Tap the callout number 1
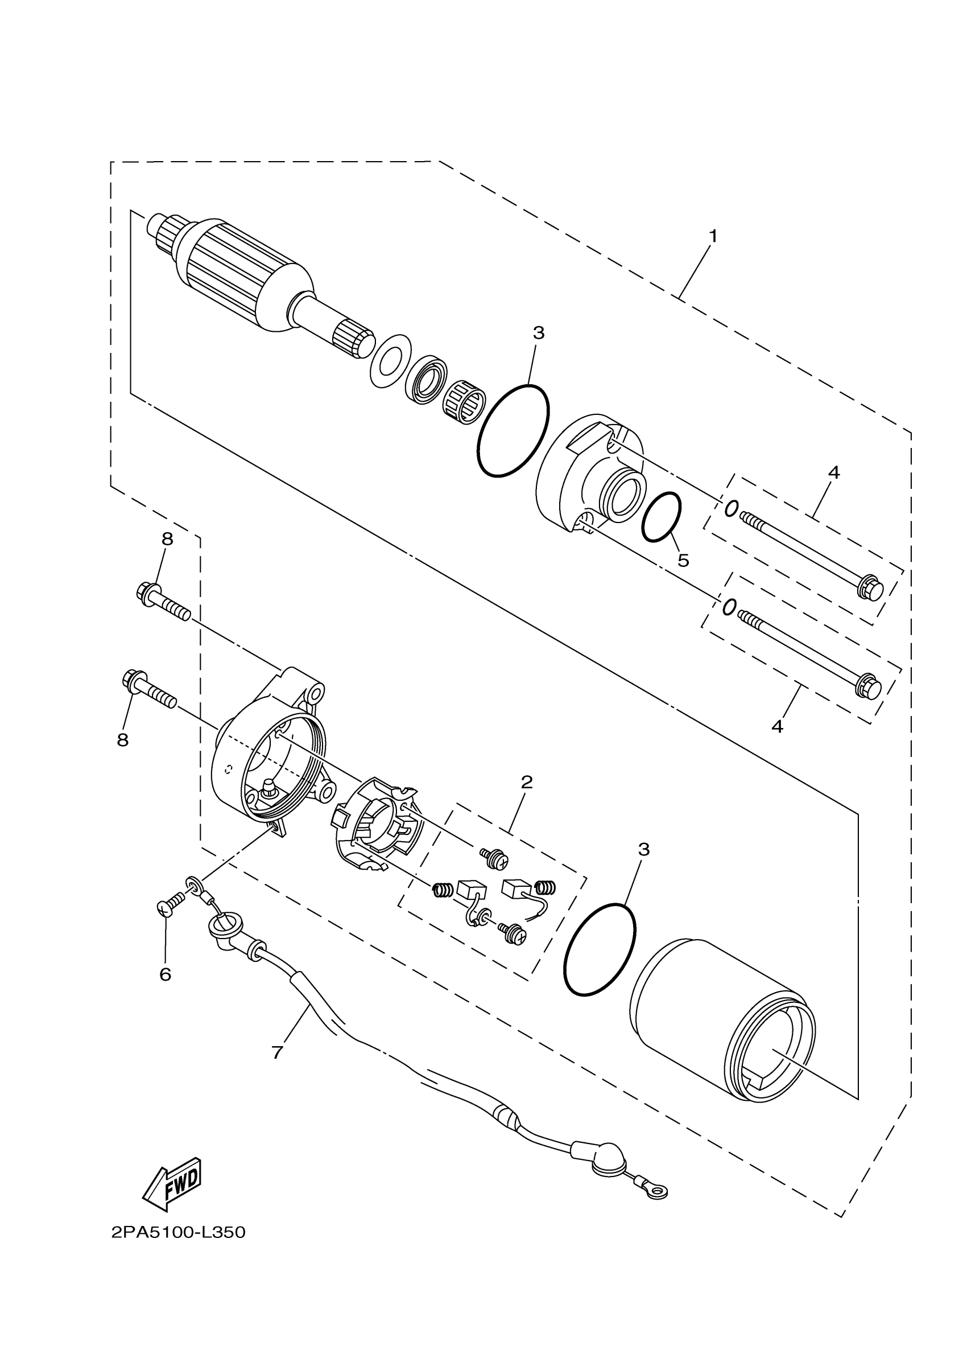coord(713,237)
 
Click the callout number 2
coord(526,782)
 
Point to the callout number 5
coord(684,561)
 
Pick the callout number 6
coord(166,974)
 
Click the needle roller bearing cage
coord(465,397)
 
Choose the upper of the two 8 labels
coord(167,539)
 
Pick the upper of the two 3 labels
coord(538,333)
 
